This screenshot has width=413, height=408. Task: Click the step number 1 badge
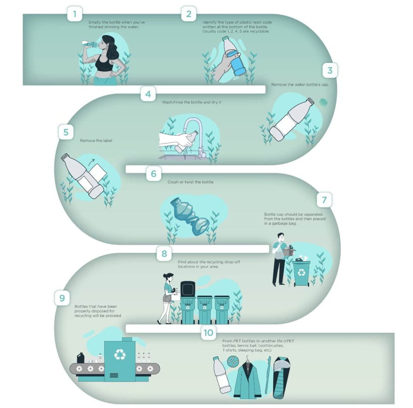75,14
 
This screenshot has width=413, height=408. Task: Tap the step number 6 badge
154,174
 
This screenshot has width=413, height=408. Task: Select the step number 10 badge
209,333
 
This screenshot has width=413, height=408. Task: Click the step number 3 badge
330,70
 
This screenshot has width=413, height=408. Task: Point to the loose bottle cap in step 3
323,102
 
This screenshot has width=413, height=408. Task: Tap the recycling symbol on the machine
120,354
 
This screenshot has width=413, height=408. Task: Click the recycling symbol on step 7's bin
301,272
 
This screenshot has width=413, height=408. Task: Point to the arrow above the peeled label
92,162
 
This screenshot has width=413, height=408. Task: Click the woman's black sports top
104,63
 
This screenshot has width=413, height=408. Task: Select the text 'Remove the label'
96,140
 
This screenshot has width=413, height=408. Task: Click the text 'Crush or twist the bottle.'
191,182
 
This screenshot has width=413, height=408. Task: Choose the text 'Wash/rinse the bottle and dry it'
192,102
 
